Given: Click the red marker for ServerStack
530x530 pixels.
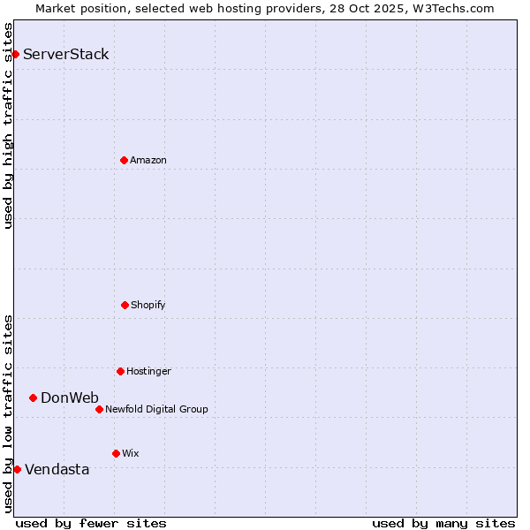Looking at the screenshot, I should (x=15, y=54).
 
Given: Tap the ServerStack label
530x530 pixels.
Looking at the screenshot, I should (x=65, y=55).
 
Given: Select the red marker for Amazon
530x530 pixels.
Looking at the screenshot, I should (x=124, y=160).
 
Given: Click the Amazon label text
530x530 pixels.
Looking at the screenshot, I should (x=148, y=161).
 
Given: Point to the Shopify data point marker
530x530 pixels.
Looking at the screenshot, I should (x=125, y=305).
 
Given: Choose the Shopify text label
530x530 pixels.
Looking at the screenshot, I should (x=148, y=306).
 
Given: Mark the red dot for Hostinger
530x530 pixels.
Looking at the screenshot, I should (x=120, y=371).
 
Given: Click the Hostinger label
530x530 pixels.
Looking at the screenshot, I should (x=148, y=372).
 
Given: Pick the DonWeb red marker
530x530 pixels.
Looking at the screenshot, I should (x=33, y=397).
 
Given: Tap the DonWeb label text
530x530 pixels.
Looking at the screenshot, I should (x=69, y=398).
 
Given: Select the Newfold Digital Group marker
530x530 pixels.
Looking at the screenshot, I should (x=99, y=409).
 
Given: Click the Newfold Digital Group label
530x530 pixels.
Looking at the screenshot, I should (x=156, y=410).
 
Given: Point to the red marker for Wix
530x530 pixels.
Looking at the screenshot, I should (x=116, y=453).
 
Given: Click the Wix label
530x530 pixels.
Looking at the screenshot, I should (x=131, y=454).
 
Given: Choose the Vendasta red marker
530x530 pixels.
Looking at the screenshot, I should (x=17, y=469).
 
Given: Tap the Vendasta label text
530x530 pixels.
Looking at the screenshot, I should (x=57, y=470).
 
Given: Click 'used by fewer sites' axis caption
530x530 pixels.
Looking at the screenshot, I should (x=91, y=523).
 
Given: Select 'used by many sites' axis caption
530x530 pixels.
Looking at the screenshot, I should (x=443, y=523).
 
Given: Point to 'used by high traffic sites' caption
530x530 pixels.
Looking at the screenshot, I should (x=9, y=125).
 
